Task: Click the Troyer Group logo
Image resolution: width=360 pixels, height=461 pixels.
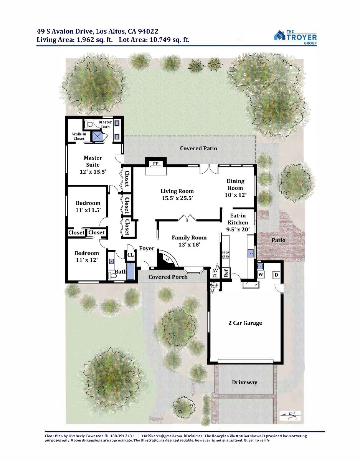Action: click(295, 37)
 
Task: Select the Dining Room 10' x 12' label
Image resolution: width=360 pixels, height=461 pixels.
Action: click(235, 188)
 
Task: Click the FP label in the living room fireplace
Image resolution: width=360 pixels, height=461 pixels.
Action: click(155, 164)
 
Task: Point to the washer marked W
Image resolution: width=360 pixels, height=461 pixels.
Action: click(261, 274)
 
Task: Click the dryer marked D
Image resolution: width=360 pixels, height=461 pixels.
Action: click(276, 275)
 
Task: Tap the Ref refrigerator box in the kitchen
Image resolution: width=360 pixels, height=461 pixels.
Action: click(226, 273)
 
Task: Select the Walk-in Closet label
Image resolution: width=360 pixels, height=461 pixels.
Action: click(79, 136)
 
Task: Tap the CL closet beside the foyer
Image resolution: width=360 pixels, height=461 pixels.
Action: click(131, 255)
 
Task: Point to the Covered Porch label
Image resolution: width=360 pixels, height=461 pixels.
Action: click(168, 277)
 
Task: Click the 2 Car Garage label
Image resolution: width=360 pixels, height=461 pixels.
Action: click(245, 323)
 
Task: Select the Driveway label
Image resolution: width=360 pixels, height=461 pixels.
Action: click(244, 382)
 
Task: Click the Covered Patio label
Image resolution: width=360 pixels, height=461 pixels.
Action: click(198, 148)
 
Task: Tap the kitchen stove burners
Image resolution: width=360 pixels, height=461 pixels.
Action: click(225, 255)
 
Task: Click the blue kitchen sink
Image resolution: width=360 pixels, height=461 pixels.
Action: click(251, 253)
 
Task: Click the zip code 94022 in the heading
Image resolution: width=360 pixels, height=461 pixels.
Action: click(148, 32)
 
